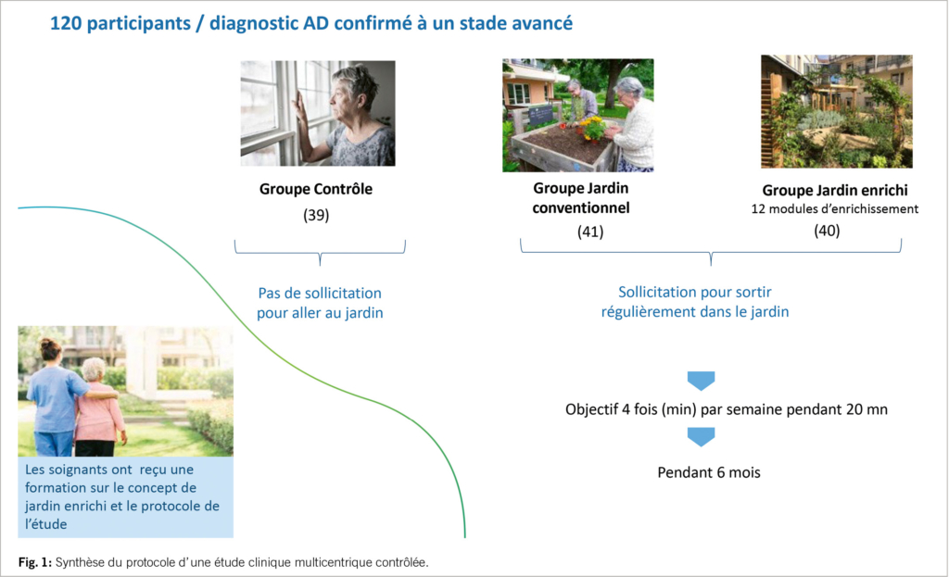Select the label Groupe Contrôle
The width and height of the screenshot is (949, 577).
coord(316,189)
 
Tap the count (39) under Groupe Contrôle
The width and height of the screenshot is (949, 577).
coord(316,215)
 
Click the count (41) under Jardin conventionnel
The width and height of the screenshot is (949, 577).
coord(590,232)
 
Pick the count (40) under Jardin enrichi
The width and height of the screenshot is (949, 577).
coord(827,231)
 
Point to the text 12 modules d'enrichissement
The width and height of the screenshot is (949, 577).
coord(835,208)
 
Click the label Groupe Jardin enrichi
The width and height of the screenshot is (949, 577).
coord(835,190)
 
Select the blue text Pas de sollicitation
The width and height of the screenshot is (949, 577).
coord(320,293)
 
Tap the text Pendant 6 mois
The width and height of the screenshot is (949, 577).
coord(709,472)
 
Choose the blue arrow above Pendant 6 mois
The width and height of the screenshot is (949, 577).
coord(701,436)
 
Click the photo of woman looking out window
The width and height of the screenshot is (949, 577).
coord(318,113)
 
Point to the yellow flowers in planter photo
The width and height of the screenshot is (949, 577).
coord(592,128)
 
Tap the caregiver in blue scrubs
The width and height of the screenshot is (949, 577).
coord(53,399)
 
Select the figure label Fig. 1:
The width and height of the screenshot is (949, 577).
coord(35,562)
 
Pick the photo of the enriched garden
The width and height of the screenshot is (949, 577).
coord(837,111)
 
